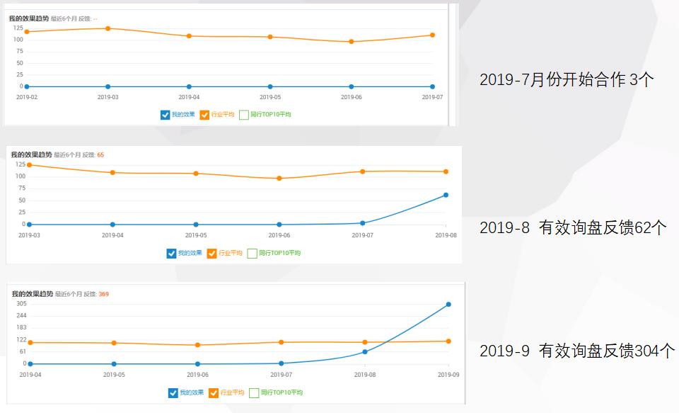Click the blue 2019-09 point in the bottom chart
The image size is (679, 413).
click(x=448, y=305)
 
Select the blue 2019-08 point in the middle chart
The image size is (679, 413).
click(x=446, y=195)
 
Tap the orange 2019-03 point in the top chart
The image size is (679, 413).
click(x=108, y=28)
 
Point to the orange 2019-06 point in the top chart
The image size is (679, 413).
click(x=352, y=42)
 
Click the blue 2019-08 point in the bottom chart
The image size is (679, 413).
click(x=365, y=351)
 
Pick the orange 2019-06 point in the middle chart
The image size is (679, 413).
click(x=279, y=179)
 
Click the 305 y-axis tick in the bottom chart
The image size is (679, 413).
click(x=22, y=303)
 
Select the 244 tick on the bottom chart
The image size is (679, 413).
click(x=22, y=315)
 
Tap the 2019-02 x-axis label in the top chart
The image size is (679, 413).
click(x=27, y=97)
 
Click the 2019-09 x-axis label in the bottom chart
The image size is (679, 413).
click(x=448, y=375)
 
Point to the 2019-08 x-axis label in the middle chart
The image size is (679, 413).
click(x=446, y=235)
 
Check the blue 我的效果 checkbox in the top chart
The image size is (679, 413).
click(x=166, y=115)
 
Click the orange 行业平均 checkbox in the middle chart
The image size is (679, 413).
click(x=212, y=254)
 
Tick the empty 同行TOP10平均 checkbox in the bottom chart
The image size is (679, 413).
click(x=253, y=392)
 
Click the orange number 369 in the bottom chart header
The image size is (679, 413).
click(x=103, y=294)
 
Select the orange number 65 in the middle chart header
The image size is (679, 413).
click(x=100, y=154)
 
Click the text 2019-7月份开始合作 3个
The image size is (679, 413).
click(x=567, y=79)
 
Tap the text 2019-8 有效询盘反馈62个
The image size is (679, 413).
click(x=573, y=227)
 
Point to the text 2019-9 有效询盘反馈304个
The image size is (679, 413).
click(x=577, y=351)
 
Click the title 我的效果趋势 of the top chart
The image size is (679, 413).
click(x=28, y=18)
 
